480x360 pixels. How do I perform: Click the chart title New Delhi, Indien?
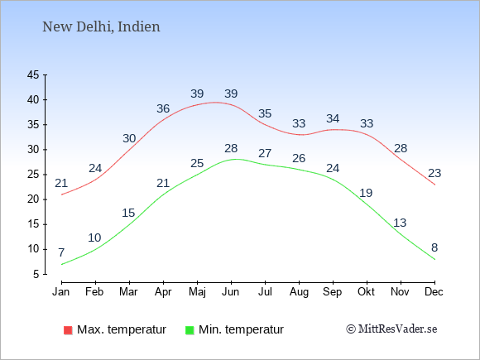click(x=101, y=27)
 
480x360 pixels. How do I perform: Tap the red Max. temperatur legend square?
click(x=68, y=330)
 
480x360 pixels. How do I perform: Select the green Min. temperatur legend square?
click(x=190, y=330)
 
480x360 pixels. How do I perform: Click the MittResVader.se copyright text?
click(x=391, y=329)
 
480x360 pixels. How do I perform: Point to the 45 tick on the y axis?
click(x=33, y=74)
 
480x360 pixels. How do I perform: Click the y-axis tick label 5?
click(x=36, y=274)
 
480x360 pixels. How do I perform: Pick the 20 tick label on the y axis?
click(x=33, y=199)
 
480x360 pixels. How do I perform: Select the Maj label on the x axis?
click(x=197, y=292)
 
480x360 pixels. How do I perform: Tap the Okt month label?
click(x=366, y=292)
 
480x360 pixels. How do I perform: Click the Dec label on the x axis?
click(x=434, y=292)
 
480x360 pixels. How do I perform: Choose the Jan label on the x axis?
click(x=61, y=292)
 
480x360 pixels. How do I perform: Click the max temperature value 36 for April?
click(x=163, y=108)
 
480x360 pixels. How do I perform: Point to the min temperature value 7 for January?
click(x=61, y=252)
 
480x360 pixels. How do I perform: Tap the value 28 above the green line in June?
click(x=231, y=148)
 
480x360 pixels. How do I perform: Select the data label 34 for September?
click(x=333, y=118)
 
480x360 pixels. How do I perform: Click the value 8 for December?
click(x=434, y=247)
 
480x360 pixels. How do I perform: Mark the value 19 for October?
click(x=366, y=193)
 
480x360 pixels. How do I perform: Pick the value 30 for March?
click(x=129, y=139)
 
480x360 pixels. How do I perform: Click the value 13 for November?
click(x=400, y=223)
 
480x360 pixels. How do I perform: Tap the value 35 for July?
click(x=265, y=113)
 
